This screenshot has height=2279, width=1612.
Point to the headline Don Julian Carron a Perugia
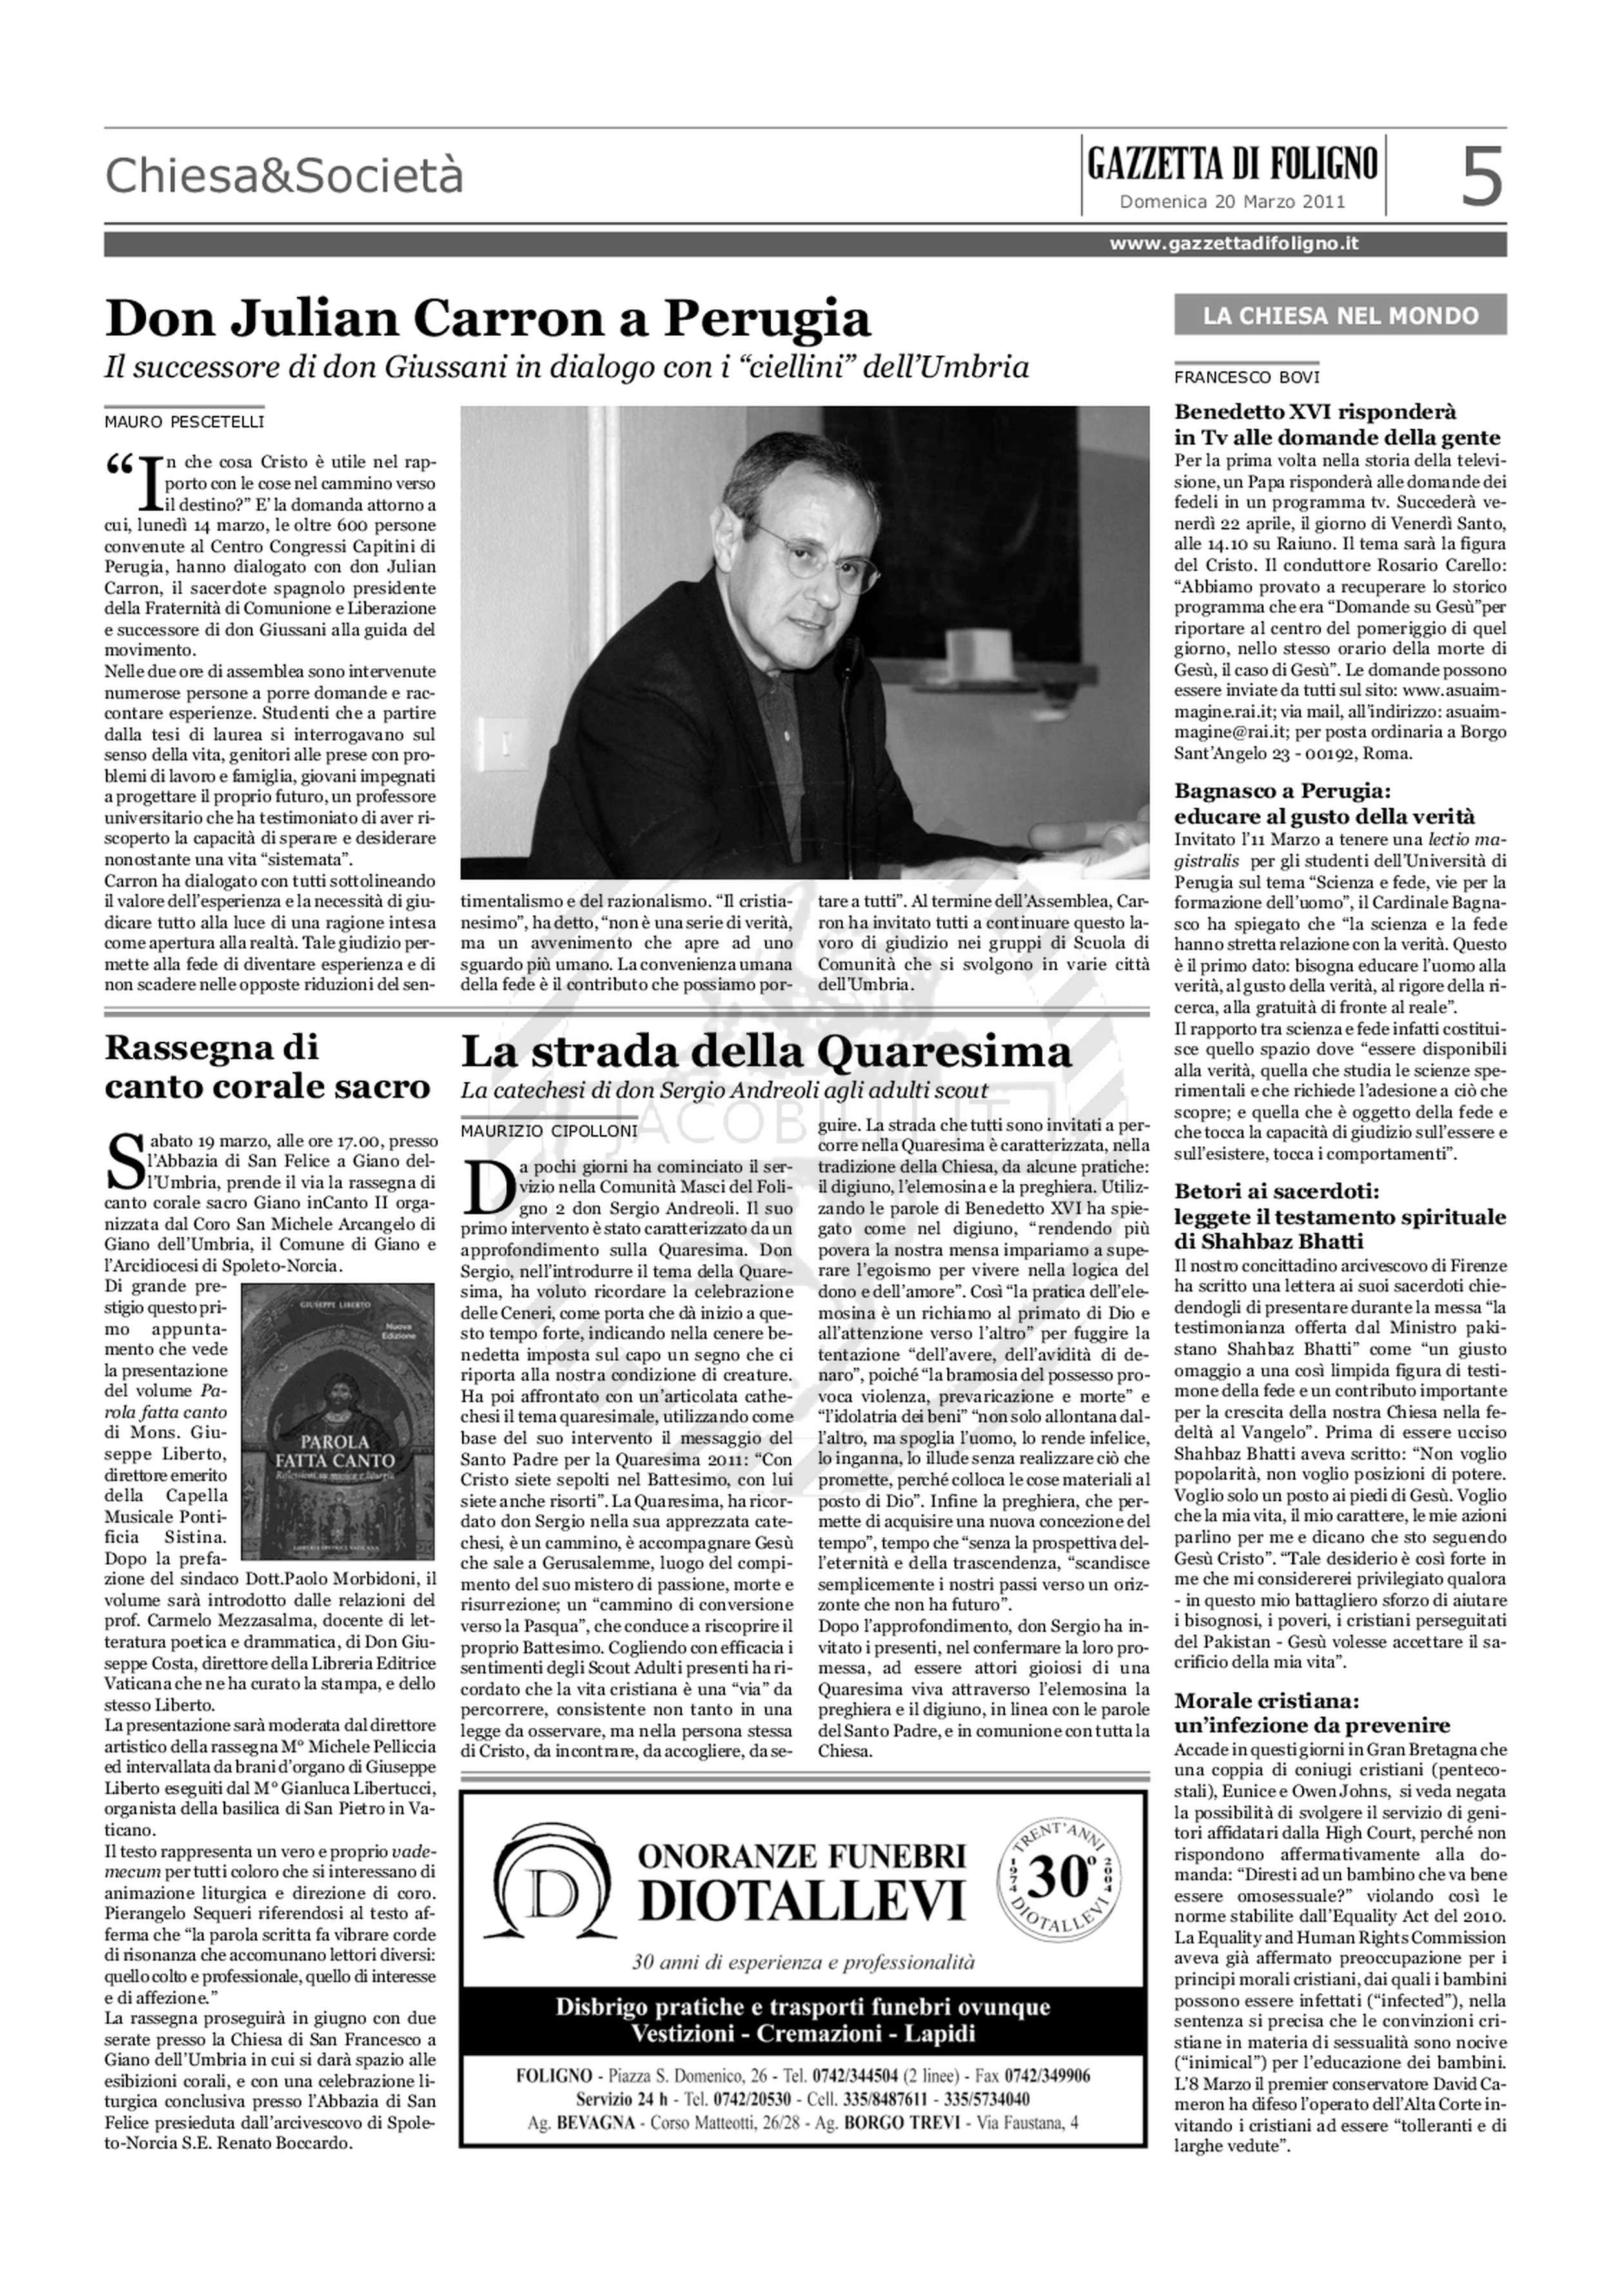(x=487, y=318)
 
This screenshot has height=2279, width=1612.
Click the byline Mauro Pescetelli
(x=184, y=422)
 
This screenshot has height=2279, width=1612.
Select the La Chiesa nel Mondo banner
(x=1339, y=316)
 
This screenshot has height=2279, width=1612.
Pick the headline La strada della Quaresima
(x=766, y=1051)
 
